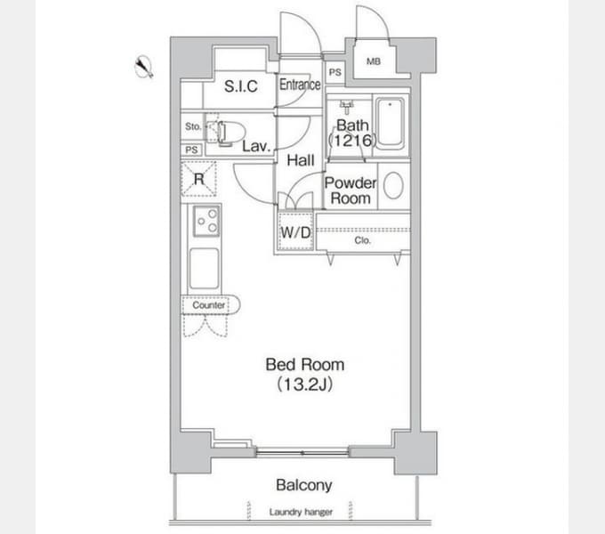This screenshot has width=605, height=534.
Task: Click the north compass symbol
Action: tap(144, 67)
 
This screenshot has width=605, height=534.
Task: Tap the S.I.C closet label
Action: tap(241, 86)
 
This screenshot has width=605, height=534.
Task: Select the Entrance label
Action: tap(300, 85)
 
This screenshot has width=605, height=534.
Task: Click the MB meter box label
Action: tap(374, 61)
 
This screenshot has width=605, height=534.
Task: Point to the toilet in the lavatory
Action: tap(226, 133)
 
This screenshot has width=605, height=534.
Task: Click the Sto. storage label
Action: tap(193, 126)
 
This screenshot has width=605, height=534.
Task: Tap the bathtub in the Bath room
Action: tap(390, 124)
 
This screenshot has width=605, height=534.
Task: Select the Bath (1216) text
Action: tap(352, 133)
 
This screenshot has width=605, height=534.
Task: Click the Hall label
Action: tap(301, 160)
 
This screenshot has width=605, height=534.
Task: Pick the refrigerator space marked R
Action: tap(198, 179)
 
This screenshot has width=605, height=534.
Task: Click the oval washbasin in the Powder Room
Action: tap(393, 186)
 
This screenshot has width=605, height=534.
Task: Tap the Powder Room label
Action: tap(351, 190)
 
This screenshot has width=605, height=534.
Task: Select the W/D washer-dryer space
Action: tap(295, 232)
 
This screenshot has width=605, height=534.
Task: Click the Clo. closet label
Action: tap(362, 241)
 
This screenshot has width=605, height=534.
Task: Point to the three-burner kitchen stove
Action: tap(206, 221)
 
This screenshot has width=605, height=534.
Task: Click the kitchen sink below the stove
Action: tap(204, 268)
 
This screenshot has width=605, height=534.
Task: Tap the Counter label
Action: tap(209, 305)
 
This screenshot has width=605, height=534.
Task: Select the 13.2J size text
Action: tap(305, 384)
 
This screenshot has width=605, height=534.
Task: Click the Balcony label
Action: tap(304, 485)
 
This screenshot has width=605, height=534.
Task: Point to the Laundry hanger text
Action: tap(301, 512)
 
